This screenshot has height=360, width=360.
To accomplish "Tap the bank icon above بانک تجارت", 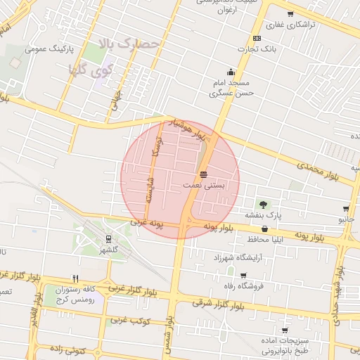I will point(257,38).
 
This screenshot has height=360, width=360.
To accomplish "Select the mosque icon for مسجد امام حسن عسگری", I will point(231,72).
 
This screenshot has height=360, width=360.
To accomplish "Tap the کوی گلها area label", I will point(94,70).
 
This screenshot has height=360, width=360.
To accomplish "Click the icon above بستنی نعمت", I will point(204,174).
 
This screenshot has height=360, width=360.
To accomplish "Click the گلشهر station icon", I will point(108,239).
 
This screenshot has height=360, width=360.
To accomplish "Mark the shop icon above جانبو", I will point(346,209).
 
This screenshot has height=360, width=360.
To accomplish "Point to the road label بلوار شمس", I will point(169,330).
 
